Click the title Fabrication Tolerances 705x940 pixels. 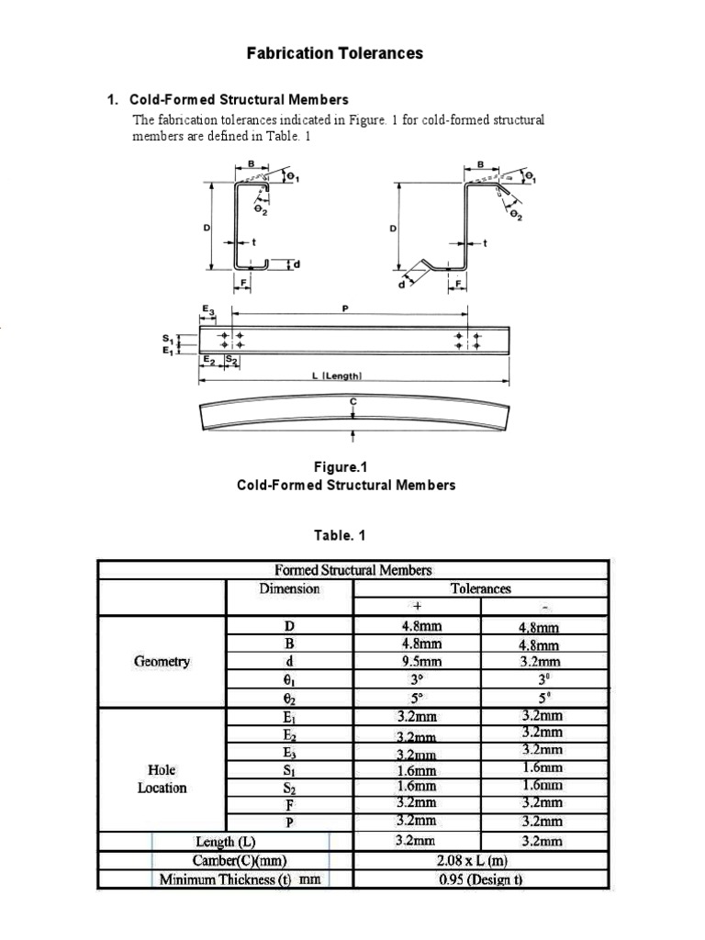tap(335, 53)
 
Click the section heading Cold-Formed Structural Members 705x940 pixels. tap(239, 99)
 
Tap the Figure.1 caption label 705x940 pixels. tap(346, 467)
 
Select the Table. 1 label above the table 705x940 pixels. tap(346, 535)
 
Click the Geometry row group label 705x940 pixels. tap(162, 661)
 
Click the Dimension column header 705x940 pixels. tap(289, 588)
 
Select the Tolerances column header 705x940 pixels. tap(480, 588)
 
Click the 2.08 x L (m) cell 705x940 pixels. tap(480, 860)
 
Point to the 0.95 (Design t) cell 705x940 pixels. tap(480, 879)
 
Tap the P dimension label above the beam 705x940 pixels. tap(345, 309)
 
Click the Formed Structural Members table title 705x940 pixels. tap(352, 570)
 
